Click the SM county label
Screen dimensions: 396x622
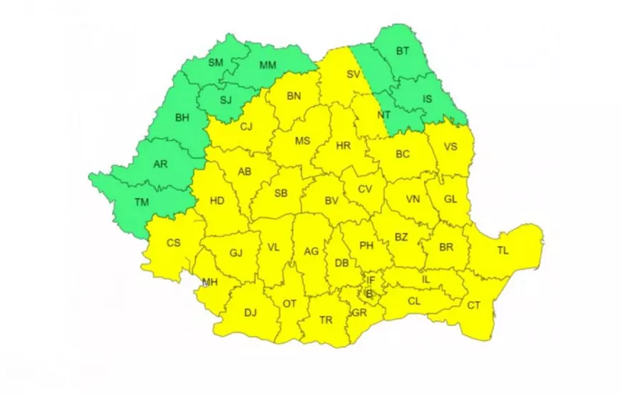tap(216, 63)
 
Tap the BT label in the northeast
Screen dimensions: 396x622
tap(404, 51)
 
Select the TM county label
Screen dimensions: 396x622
tap(142, 203)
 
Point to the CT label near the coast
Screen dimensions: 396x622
tap(474, 306)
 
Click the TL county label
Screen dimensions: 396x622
tap(503, 250)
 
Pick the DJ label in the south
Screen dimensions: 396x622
tap(250, 312)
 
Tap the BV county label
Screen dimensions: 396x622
tap(331, 202)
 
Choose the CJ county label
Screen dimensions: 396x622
tap(247, 127)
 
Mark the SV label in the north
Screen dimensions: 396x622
tap(352, 74)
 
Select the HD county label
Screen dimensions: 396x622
tap(217, 202)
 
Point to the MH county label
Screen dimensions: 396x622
tap(209, 282)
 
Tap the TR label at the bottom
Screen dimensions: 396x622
tap(326, 320)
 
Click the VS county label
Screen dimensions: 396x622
tap(450, 147)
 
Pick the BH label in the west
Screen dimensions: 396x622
tap(182, 119)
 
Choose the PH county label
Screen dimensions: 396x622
tap(367, 246)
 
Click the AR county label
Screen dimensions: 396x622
tap(161, 164)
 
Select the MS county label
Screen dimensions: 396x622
tap(302, 141)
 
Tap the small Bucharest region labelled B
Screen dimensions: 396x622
tap(370, 293)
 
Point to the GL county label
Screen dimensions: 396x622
tap(450, 200)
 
